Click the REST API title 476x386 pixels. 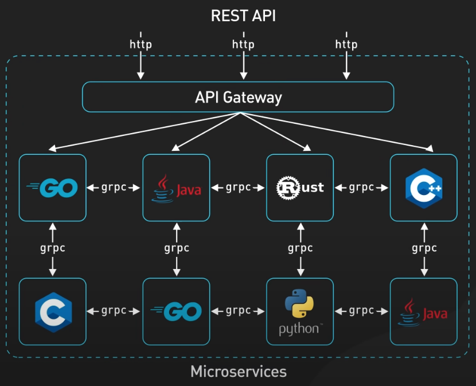(243, 15)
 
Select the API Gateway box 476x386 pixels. (238, 97)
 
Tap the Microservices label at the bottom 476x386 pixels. (238, 372)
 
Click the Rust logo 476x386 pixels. (300, 187)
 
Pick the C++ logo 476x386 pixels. (424, 187)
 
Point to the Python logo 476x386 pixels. (300, 311)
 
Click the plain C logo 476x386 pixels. (53, 311)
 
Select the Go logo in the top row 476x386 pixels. (52, 187)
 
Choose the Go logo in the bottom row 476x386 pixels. (176, 311)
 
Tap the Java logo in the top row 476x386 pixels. (176, 187)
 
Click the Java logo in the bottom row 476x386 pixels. (424, 311)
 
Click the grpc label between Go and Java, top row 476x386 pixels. (114, 188)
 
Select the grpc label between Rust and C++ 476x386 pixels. (361, 188)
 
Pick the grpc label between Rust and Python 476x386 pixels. (300, 248)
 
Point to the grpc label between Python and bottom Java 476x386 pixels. (361, 311)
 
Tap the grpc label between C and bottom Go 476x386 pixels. (114, 311)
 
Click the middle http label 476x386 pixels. (243, 44)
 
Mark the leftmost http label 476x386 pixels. (141, 44)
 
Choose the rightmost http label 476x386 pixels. (346, 44)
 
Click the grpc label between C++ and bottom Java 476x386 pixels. (424, 248)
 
